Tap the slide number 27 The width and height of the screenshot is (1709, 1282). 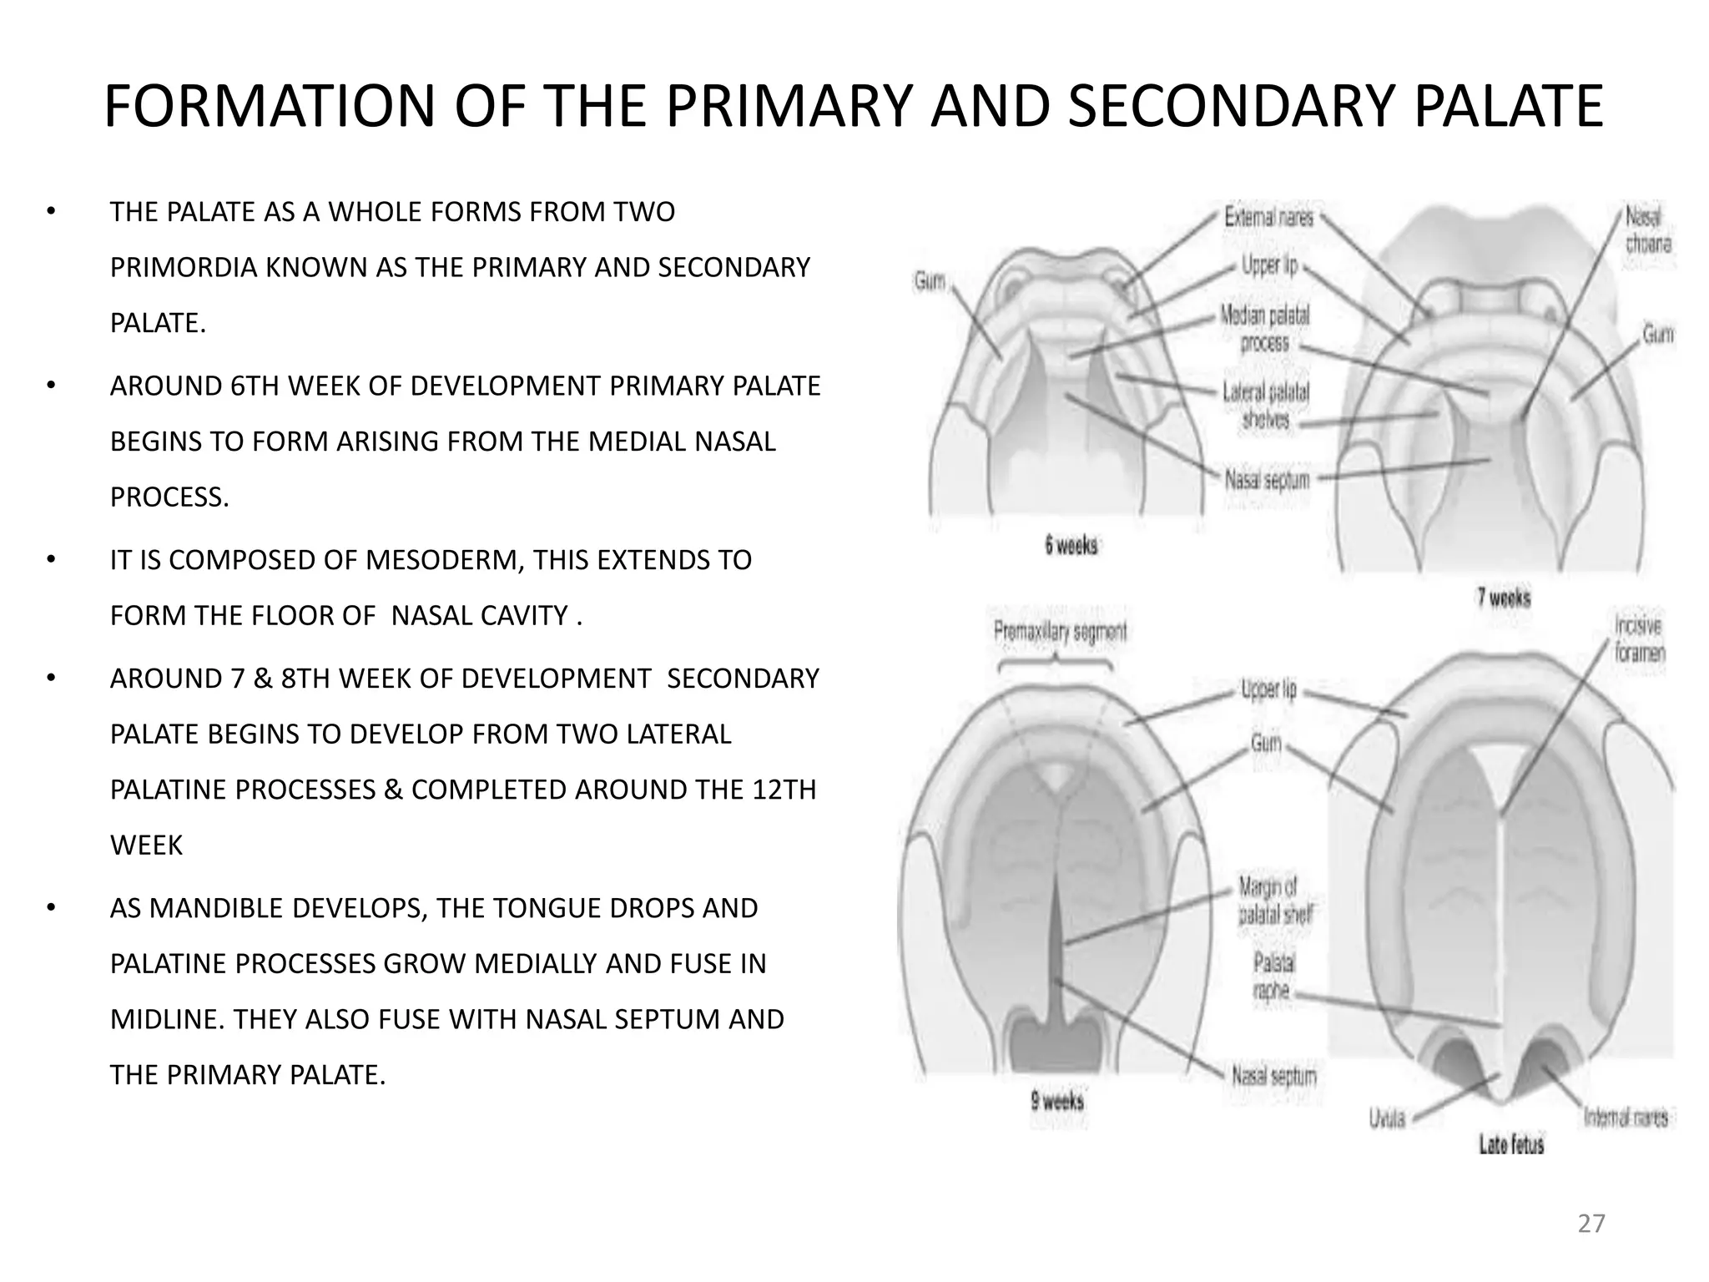tap(1591, 1224)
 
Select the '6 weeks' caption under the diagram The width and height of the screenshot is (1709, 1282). tap(1071, 546)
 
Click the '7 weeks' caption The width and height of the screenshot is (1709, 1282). tap(1504, 598)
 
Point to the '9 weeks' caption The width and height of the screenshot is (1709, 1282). tap(1057, 1102)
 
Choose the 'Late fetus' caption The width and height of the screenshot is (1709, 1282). tap(1511, 1144)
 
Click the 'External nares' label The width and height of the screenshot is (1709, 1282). tap(1268, 218)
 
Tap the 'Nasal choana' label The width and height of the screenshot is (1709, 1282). tap(1647, 230)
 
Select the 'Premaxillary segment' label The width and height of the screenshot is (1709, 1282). tap(1060, 632)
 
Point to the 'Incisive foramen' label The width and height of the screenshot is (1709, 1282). tap(1639, 638)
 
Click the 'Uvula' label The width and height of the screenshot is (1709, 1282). tap(1387, 1118)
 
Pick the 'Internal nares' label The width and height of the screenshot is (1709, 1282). tap(1626, 1118)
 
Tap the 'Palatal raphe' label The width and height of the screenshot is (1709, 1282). tap(1273, 977)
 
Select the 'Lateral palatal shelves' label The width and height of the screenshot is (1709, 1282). tap(1266, 405)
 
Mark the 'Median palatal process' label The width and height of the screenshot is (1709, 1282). tap(1265, 329)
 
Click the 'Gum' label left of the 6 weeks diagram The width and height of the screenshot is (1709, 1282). tap(930, 281)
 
